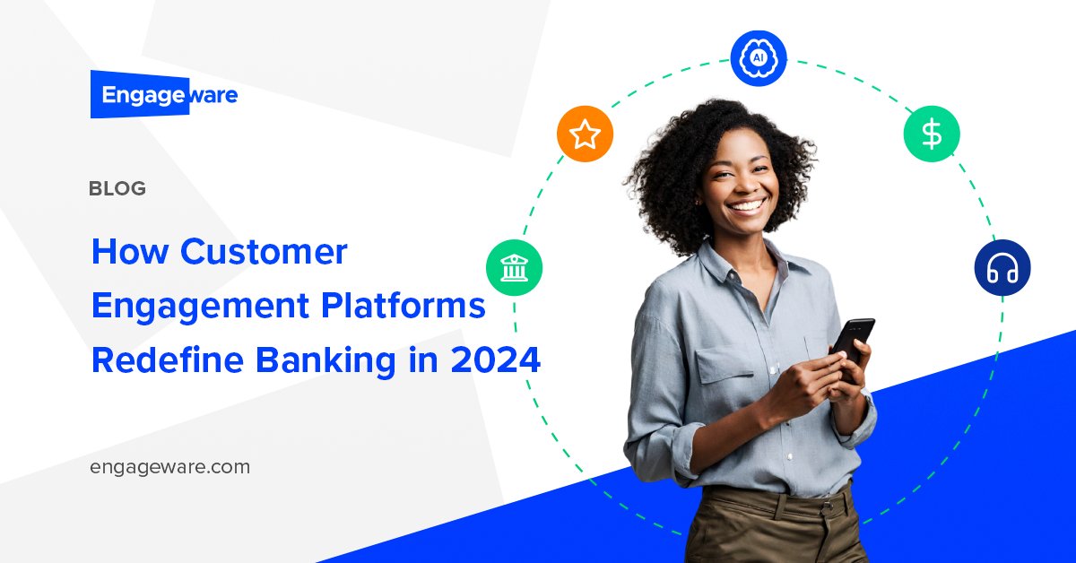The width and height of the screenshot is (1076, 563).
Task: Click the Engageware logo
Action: (164, 95)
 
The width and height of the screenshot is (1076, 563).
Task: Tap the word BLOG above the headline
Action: (117, 189)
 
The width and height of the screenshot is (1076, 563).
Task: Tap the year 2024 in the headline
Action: (496, 360)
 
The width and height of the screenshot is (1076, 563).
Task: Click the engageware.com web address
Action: (170, 467)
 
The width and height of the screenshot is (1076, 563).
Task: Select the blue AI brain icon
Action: (759, 58)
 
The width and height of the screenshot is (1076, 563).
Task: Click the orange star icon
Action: (586, 134)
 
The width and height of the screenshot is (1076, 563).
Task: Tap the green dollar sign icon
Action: (932, 134)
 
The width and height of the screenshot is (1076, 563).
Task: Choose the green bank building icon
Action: (514, 268)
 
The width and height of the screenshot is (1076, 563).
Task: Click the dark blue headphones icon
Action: (1002, 268)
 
